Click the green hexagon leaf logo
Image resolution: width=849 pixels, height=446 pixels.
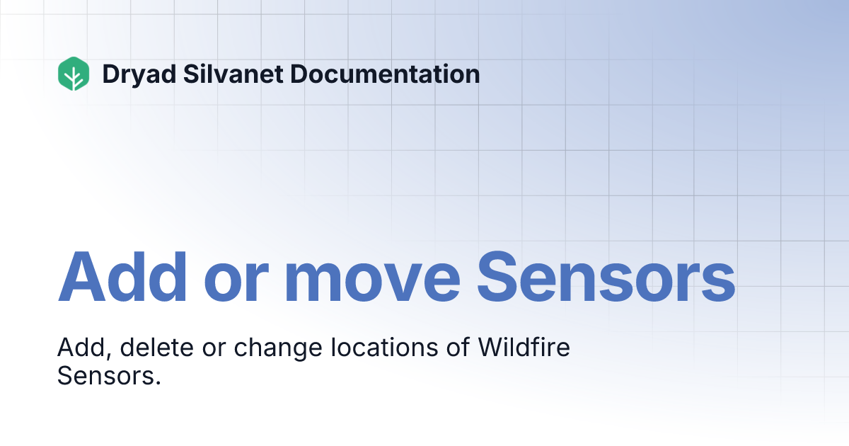coord(74,74)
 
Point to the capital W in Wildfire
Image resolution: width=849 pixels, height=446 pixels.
coord(492,348)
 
